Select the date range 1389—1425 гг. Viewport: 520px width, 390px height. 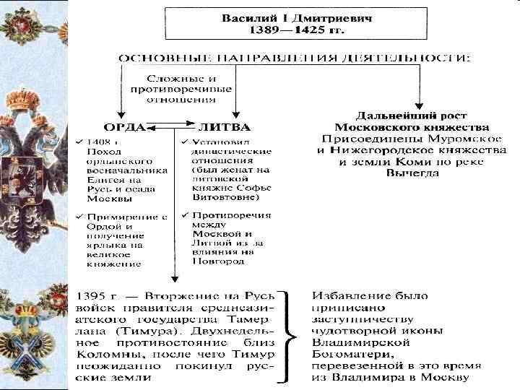[297, 30]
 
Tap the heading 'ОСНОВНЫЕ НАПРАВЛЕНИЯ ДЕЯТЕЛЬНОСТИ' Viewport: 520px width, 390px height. [295, 58]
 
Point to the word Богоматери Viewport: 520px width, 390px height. [348, 355]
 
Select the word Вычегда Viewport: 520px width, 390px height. [411, 173]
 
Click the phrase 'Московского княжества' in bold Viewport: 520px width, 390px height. [411, 126]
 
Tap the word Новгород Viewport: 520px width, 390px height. [214, 261]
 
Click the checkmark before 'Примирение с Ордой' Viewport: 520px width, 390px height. [79, 216]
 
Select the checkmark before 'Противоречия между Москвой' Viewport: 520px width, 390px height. [185, 215]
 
